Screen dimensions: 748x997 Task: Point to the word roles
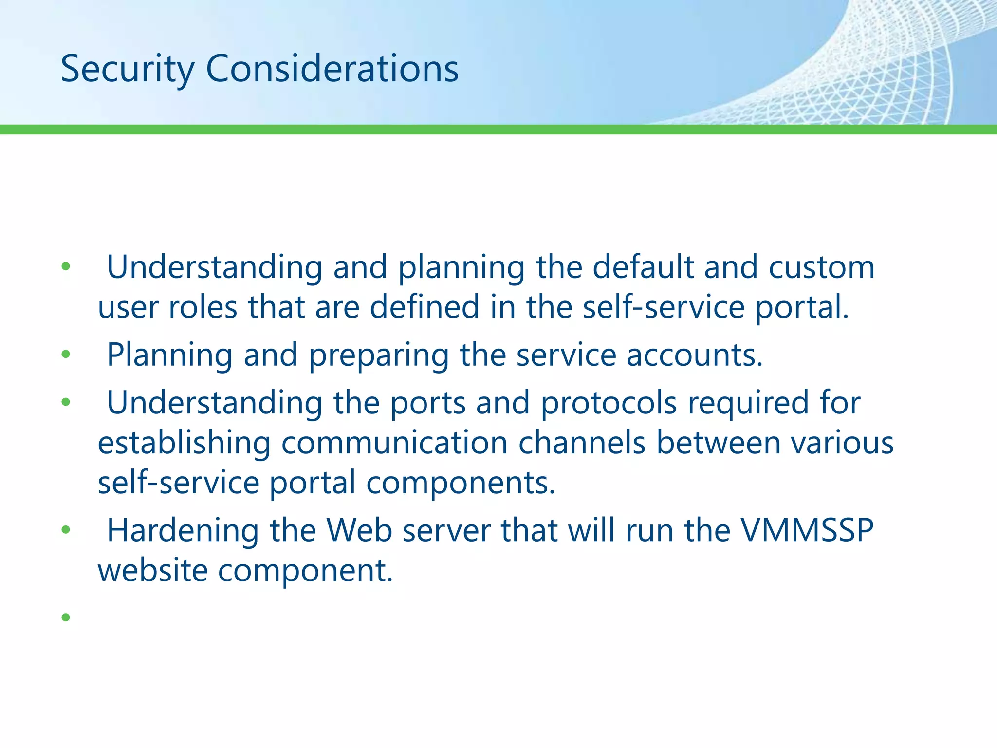[203, 307]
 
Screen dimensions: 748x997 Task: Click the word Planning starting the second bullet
[169, 355]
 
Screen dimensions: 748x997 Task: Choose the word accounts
[694, 355]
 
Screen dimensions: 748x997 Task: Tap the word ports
[428, 403]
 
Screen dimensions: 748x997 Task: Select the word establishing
[184, 443]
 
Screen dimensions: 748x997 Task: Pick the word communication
[394, 443]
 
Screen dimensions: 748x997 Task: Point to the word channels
[581, 443]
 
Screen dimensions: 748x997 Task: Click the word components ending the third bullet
[461, 483]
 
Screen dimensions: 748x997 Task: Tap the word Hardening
[183, 530]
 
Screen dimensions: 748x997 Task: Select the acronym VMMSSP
[807, 530]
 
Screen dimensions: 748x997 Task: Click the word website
[153, 570]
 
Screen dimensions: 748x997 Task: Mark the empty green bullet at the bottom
[66, 618]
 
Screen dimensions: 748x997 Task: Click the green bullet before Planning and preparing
[66, 355]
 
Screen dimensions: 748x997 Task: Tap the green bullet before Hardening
[66, 530]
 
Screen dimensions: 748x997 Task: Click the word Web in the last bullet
[359, 530]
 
